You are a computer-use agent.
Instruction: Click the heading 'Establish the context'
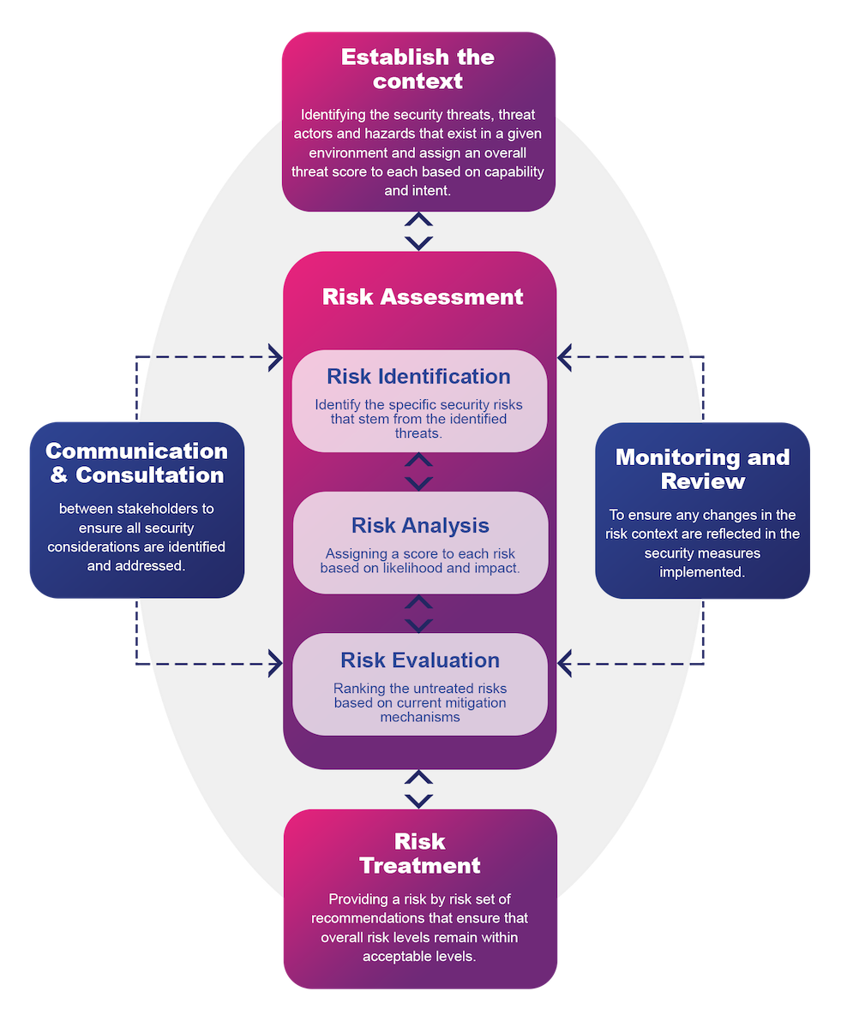pyautogui.click(x=418, y=69)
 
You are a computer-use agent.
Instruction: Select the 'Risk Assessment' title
pyautogui.click(x=423, y=297)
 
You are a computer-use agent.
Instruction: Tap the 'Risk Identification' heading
pyautogui.click(x=418, y=377)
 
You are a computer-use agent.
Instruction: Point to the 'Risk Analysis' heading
pyautogui.click(x=420, y=526)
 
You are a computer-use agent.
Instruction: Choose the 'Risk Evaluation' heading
pyautogui.click(x=420, y=660)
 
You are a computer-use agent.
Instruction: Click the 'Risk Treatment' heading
pyautogui.click(x=420, y=853)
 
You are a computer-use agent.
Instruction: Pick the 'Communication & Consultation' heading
pyautogui.click(x=137, y=463)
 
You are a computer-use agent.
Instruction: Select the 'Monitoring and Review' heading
pyautogui.click(x=702, y=469)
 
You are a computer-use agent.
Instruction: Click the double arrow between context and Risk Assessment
pyautogui.click(x=418, y=232)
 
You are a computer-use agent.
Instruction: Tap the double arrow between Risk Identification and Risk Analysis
pyautogui.click(x=418, y=472)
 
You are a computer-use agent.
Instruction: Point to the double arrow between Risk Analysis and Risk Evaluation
pyautogui.click(x=418, y=613)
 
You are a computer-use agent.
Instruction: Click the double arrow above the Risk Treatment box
pyautogui.click(x=418, y=789)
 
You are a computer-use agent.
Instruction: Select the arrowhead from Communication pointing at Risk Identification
pyautogui.click(x=275, y=356)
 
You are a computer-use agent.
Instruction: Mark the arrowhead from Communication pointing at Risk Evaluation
pyautogui.click(x=275, y=663)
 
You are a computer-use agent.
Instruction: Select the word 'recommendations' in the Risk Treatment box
pyautogui.click(x=369, y=918)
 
